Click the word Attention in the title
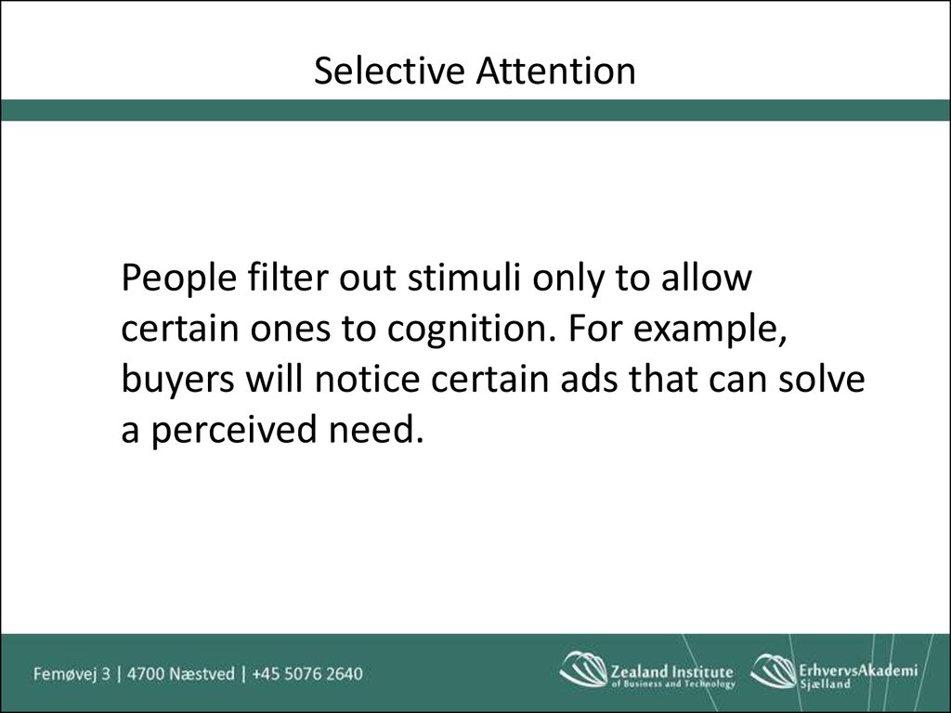555,71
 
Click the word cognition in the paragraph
471,331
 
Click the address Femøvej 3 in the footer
72,674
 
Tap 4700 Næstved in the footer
180,674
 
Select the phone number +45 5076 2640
306,674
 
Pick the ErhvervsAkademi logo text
858,670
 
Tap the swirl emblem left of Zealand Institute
583,669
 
